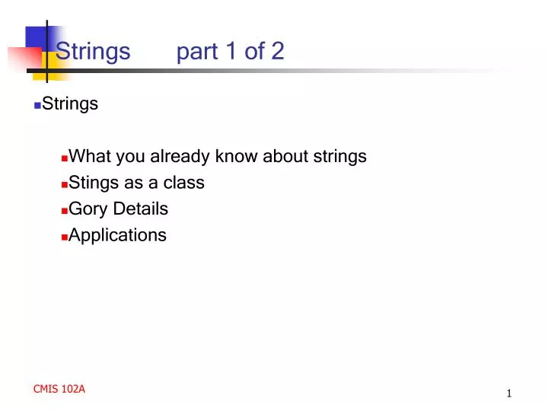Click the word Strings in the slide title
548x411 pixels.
click(93, 52)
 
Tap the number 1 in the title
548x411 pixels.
click(230, 52)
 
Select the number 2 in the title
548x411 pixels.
click(277, 52)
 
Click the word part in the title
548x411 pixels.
click(197, 52)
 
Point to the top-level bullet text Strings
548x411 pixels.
click(70, 104)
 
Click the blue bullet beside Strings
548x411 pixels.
click(37, 106)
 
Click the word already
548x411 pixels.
click(180, 157)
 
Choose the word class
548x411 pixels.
click(184, 183)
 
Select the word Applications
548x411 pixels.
click(117, 235)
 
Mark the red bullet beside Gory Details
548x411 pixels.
click(64, 211)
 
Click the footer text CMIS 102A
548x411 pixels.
click(59, 389)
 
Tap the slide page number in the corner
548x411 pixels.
click(508, 393)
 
